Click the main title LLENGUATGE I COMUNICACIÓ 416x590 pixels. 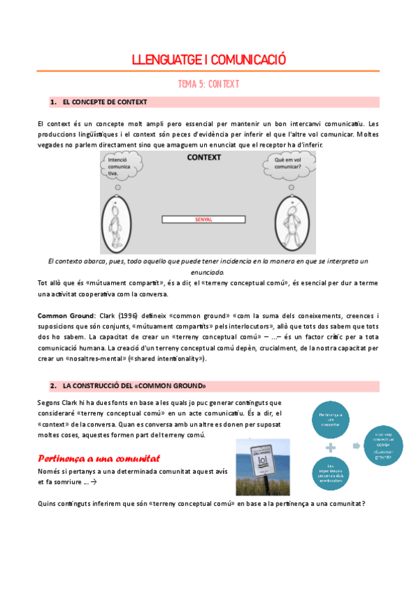tap(208, 60)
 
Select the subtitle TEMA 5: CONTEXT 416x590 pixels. tap(208, 83)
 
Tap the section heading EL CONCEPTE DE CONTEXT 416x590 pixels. tap(104, 102)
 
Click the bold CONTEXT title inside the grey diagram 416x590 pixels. tap(204, 158)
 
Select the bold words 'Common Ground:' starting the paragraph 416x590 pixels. tap(60, 316)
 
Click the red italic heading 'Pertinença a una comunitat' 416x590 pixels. tap(99, 459)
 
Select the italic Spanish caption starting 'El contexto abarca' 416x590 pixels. tap(208, 266)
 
